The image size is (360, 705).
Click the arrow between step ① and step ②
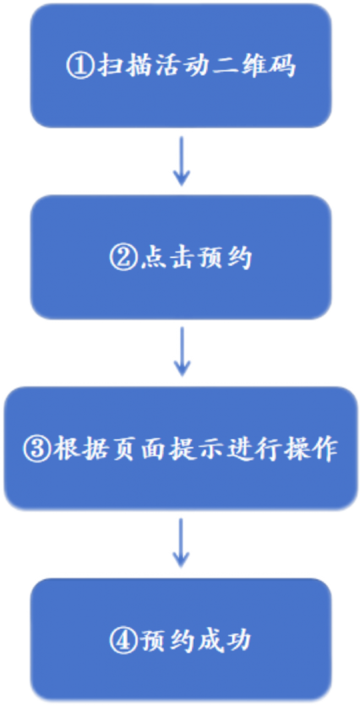181,161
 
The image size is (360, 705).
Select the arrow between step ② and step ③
181,353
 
